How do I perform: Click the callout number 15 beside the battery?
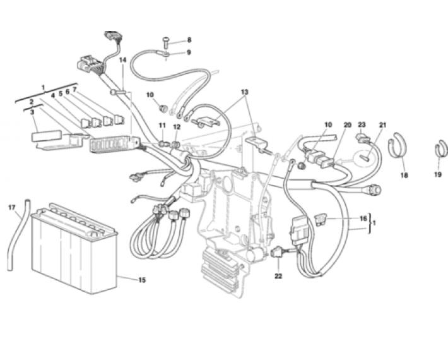[142, 280]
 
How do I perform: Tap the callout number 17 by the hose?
[12, 208]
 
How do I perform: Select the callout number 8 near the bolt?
[189, 40]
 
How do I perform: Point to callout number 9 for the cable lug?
[189, 52]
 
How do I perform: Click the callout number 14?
[122, 60]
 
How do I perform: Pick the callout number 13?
[245, 92]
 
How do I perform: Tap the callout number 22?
[278, 276]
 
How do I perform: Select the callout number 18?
[404, 176]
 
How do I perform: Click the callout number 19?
[438, 174]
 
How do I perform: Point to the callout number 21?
[382, 125]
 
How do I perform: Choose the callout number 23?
[362, 124]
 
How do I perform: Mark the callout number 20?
[348, 125]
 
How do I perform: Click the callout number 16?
[363, 219]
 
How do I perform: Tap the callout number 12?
[177, 127]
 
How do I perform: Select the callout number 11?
[162, 125]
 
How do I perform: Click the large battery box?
[74, 249]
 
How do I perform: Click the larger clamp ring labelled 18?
[397, 145]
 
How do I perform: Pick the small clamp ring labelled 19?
[442, 148]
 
